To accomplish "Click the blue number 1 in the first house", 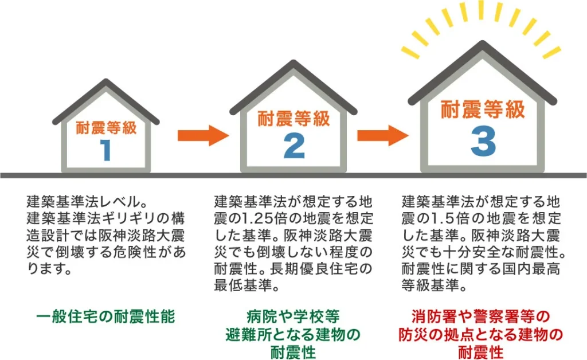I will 106,150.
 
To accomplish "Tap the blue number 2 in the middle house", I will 294,146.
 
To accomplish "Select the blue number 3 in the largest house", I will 483,142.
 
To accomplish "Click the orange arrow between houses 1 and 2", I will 203,135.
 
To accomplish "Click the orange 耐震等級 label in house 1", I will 106,127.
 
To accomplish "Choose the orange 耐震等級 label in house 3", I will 483,109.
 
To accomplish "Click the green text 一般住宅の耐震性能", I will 105,316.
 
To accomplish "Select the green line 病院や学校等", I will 293,316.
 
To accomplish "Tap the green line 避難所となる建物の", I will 293,334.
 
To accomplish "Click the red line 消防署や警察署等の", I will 481,316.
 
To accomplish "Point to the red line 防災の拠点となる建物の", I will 481,334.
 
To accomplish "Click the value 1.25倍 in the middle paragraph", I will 257,218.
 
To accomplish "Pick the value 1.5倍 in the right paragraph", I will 442,218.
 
